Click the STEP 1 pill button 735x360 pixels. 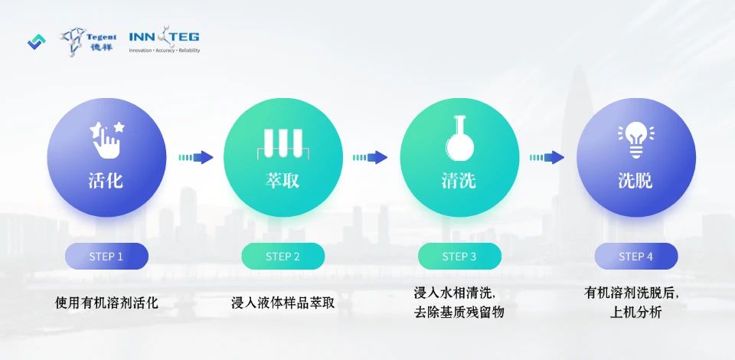[x=106, y=257]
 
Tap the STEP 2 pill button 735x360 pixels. [x=283, y=257]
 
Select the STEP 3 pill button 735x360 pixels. [x=459, y=257]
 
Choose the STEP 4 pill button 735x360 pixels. [x=636, y=257]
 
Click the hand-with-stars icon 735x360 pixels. [x=106, y=139]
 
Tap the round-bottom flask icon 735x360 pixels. [x=459, y=139]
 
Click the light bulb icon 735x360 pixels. [x=636, y=139]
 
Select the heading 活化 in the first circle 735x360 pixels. [x=106, y=180]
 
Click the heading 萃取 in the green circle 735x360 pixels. [x=283, y=180]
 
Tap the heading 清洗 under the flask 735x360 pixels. [x=459, y=180]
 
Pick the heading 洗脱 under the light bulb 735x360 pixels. [x=635, y=180]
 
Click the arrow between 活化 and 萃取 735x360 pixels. [x=196, y=158]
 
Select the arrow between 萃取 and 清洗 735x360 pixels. [x=371, y=158]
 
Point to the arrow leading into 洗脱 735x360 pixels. [x=547, y=158]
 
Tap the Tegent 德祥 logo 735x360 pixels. [x=87, y=41]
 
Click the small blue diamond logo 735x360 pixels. [x=37, y=42]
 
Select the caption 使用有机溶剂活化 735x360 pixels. [x=106, y=303]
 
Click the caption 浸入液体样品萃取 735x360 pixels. [x=283, y=303]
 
